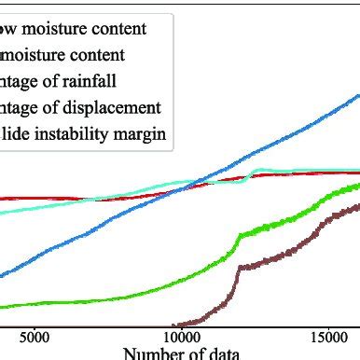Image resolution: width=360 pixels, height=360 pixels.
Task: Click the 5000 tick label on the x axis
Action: click(35, 335)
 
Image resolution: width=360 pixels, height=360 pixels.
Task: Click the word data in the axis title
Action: click(221, 353)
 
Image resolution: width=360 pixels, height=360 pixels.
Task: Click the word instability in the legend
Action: click(76, 133)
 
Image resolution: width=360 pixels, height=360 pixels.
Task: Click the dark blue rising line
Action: click(280, 140)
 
